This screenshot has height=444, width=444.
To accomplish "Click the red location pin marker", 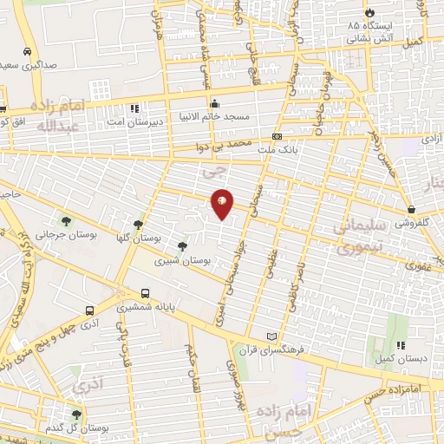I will [x=223, y=202].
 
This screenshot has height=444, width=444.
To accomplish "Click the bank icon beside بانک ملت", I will [x=277, y=136].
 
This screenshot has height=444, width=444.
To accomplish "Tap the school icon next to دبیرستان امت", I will [x=134, y=108].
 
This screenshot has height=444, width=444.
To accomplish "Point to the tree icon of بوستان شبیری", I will [x=181, y=246].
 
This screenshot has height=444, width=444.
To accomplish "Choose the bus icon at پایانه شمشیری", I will [x=145, y=293].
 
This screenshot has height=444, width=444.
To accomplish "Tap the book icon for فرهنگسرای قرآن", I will [x=272, y=336].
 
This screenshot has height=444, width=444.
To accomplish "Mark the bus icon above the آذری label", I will [x=90, y=310].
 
